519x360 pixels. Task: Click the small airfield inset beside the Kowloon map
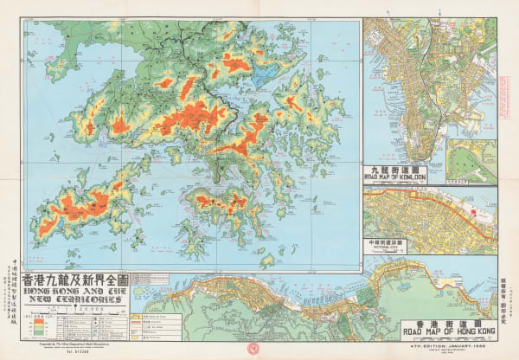[x=471, y=160]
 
